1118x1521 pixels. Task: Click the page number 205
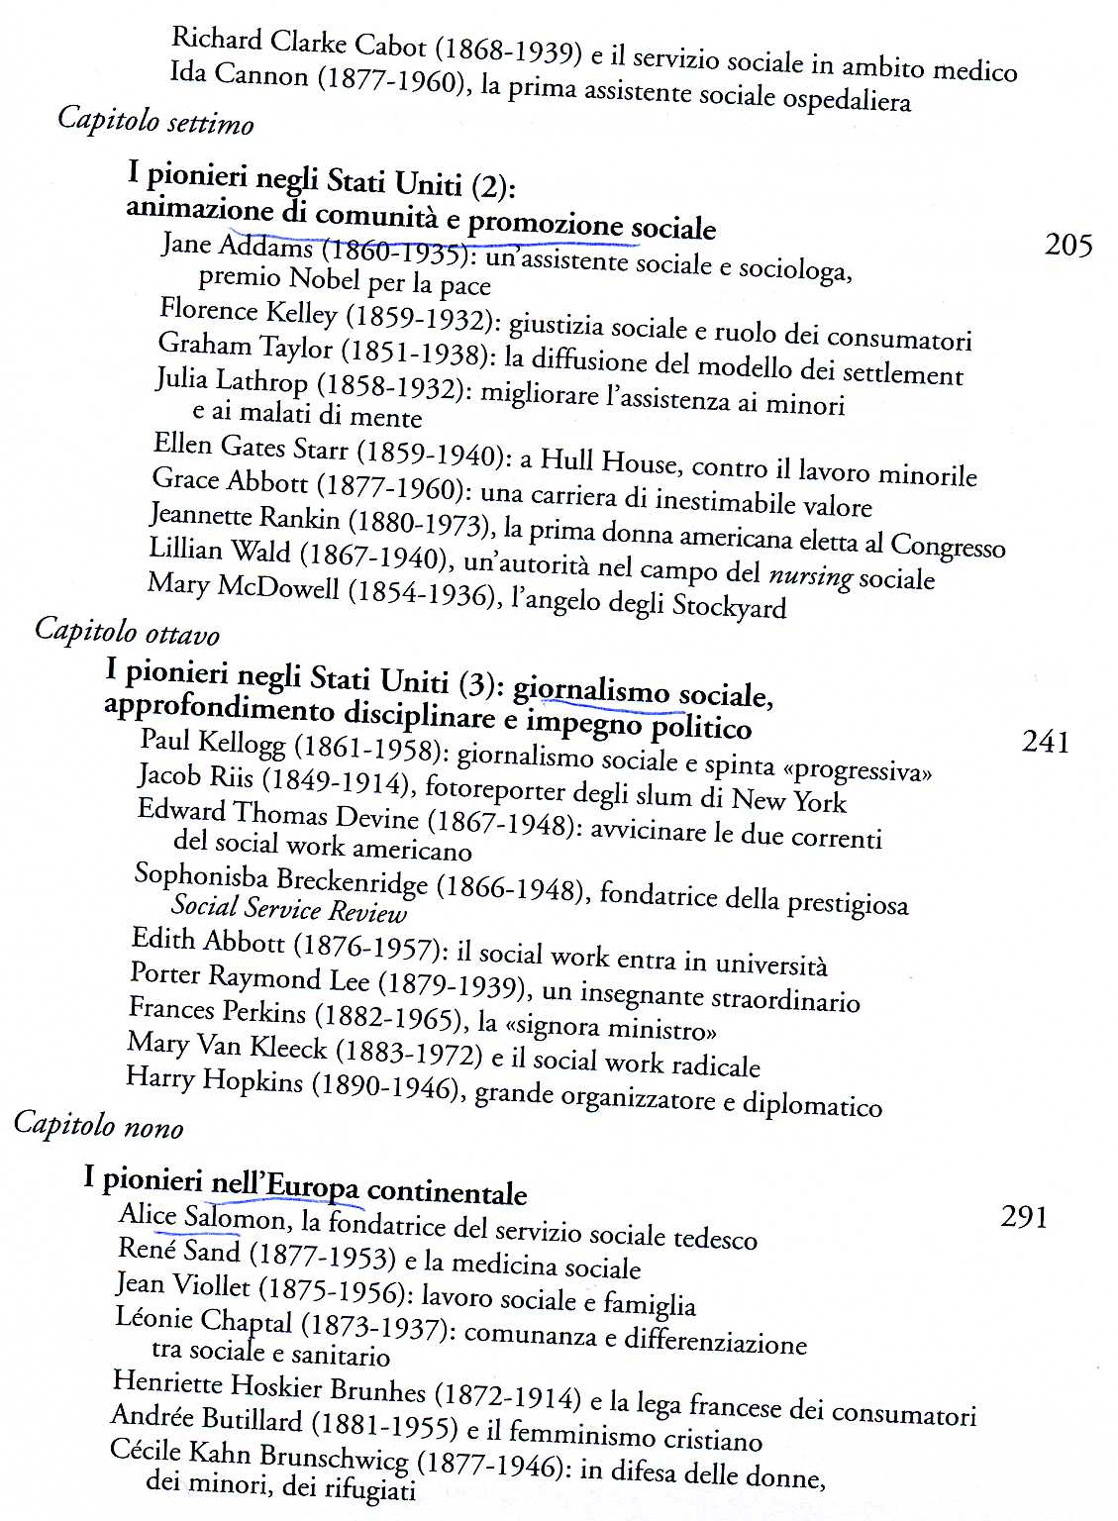[x=1067, y=245]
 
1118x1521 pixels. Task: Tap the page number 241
[x=1045, y=742]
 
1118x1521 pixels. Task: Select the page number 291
[x=1024, y=1216]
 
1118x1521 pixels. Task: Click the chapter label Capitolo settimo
[x=155, y=121]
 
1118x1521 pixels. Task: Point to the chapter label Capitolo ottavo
[x=127, y=632]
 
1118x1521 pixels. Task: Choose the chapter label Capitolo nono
[x=98, y=1126]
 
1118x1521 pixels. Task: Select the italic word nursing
[x=810, y=574]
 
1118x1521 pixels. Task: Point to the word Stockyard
[x=729, y=606]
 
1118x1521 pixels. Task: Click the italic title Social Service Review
[x=288, y=909]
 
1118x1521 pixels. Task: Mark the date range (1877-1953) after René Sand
[x=315, y=1258]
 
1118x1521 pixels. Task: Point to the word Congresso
[x=947, y=546]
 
